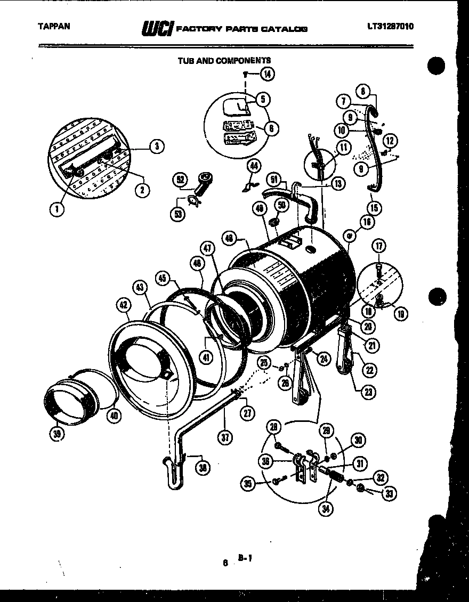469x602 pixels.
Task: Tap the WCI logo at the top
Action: point(157,28)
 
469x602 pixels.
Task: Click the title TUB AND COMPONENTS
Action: point(224,61)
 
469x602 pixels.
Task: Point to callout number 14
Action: point(266,75)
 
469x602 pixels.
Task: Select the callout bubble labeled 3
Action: point(156,147)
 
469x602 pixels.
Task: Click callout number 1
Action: point(56,209)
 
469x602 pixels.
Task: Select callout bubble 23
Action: point(368,393)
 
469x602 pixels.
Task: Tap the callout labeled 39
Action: point(56,434)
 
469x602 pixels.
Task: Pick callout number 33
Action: point(390,493)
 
